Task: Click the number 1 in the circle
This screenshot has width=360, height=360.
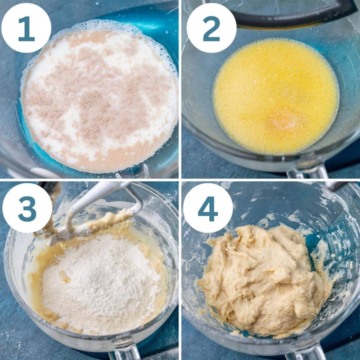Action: pyautogui.click(x=25, y=29)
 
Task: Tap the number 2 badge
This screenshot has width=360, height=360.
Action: pyautogui.click(x=211, y=29)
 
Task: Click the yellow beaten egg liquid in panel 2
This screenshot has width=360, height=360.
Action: pyautogui.click(x=276, y=90)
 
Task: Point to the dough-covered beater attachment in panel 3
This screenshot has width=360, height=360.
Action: pyautogui.click(x=66, y=231)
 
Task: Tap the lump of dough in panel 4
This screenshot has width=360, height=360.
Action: pyautogui.click(x=264, y=279)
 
